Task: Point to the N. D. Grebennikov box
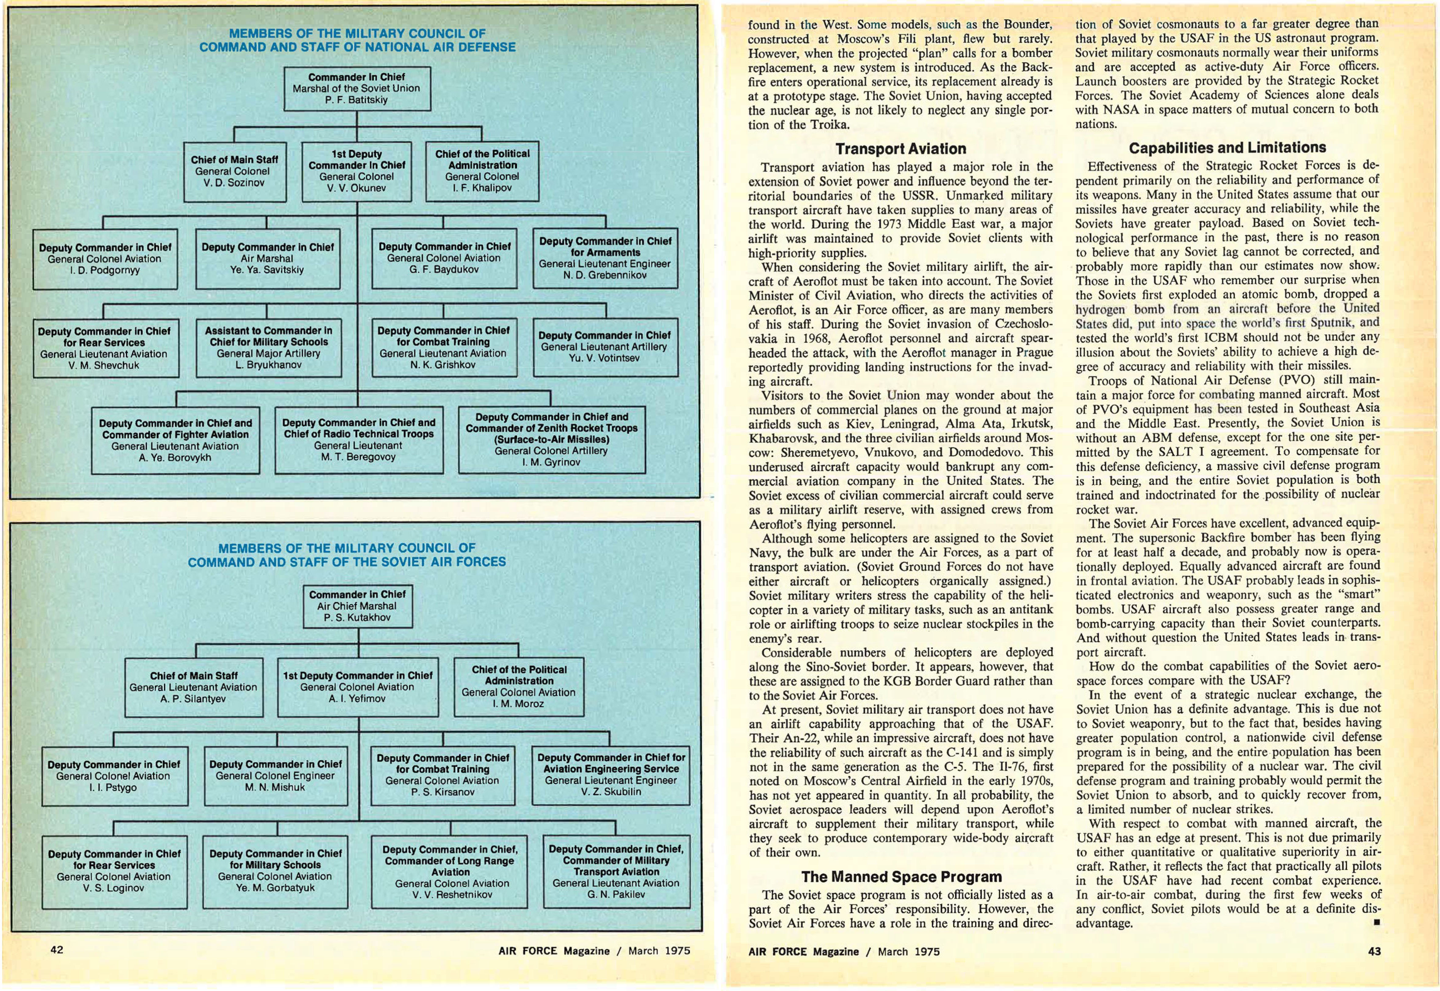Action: click(x=605, y=258)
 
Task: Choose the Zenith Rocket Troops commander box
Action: click(x=551, y=440)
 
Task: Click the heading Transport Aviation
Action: click(x=900, y=149)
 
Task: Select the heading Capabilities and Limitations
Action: click(x=1227, y=148)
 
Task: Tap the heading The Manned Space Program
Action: click(x=901, y=877)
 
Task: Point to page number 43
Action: click(x=1374, y=951)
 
